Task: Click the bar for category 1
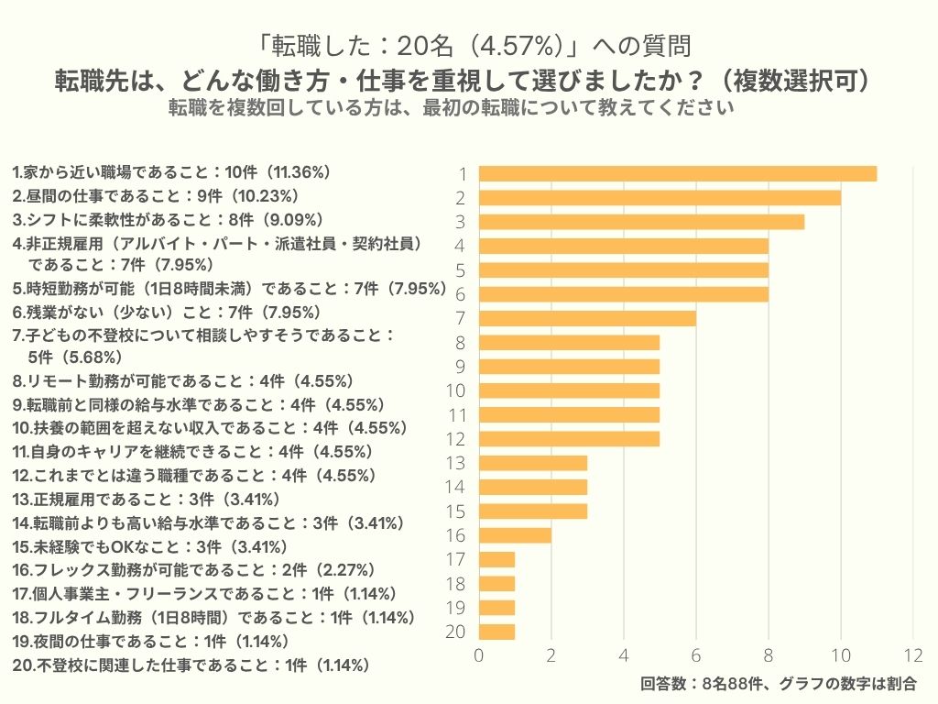tap(678, 173)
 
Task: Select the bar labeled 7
tap(587, 318)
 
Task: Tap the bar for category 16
tap(515, 535)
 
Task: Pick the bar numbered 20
tap(496, 632)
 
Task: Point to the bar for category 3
tap(641, 222)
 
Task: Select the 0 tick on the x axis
tap(479, 655)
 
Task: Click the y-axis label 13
tap(454, 463)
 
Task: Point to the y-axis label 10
tap(454, 390)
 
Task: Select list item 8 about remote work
tap(183, 380)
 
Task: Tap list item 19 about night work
tap(151, 641)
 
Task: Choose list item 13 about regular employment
tap(147, 500)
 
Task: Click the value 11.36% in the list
tap(298, 171)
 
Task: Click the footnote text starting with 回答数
tap(778, 684)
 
